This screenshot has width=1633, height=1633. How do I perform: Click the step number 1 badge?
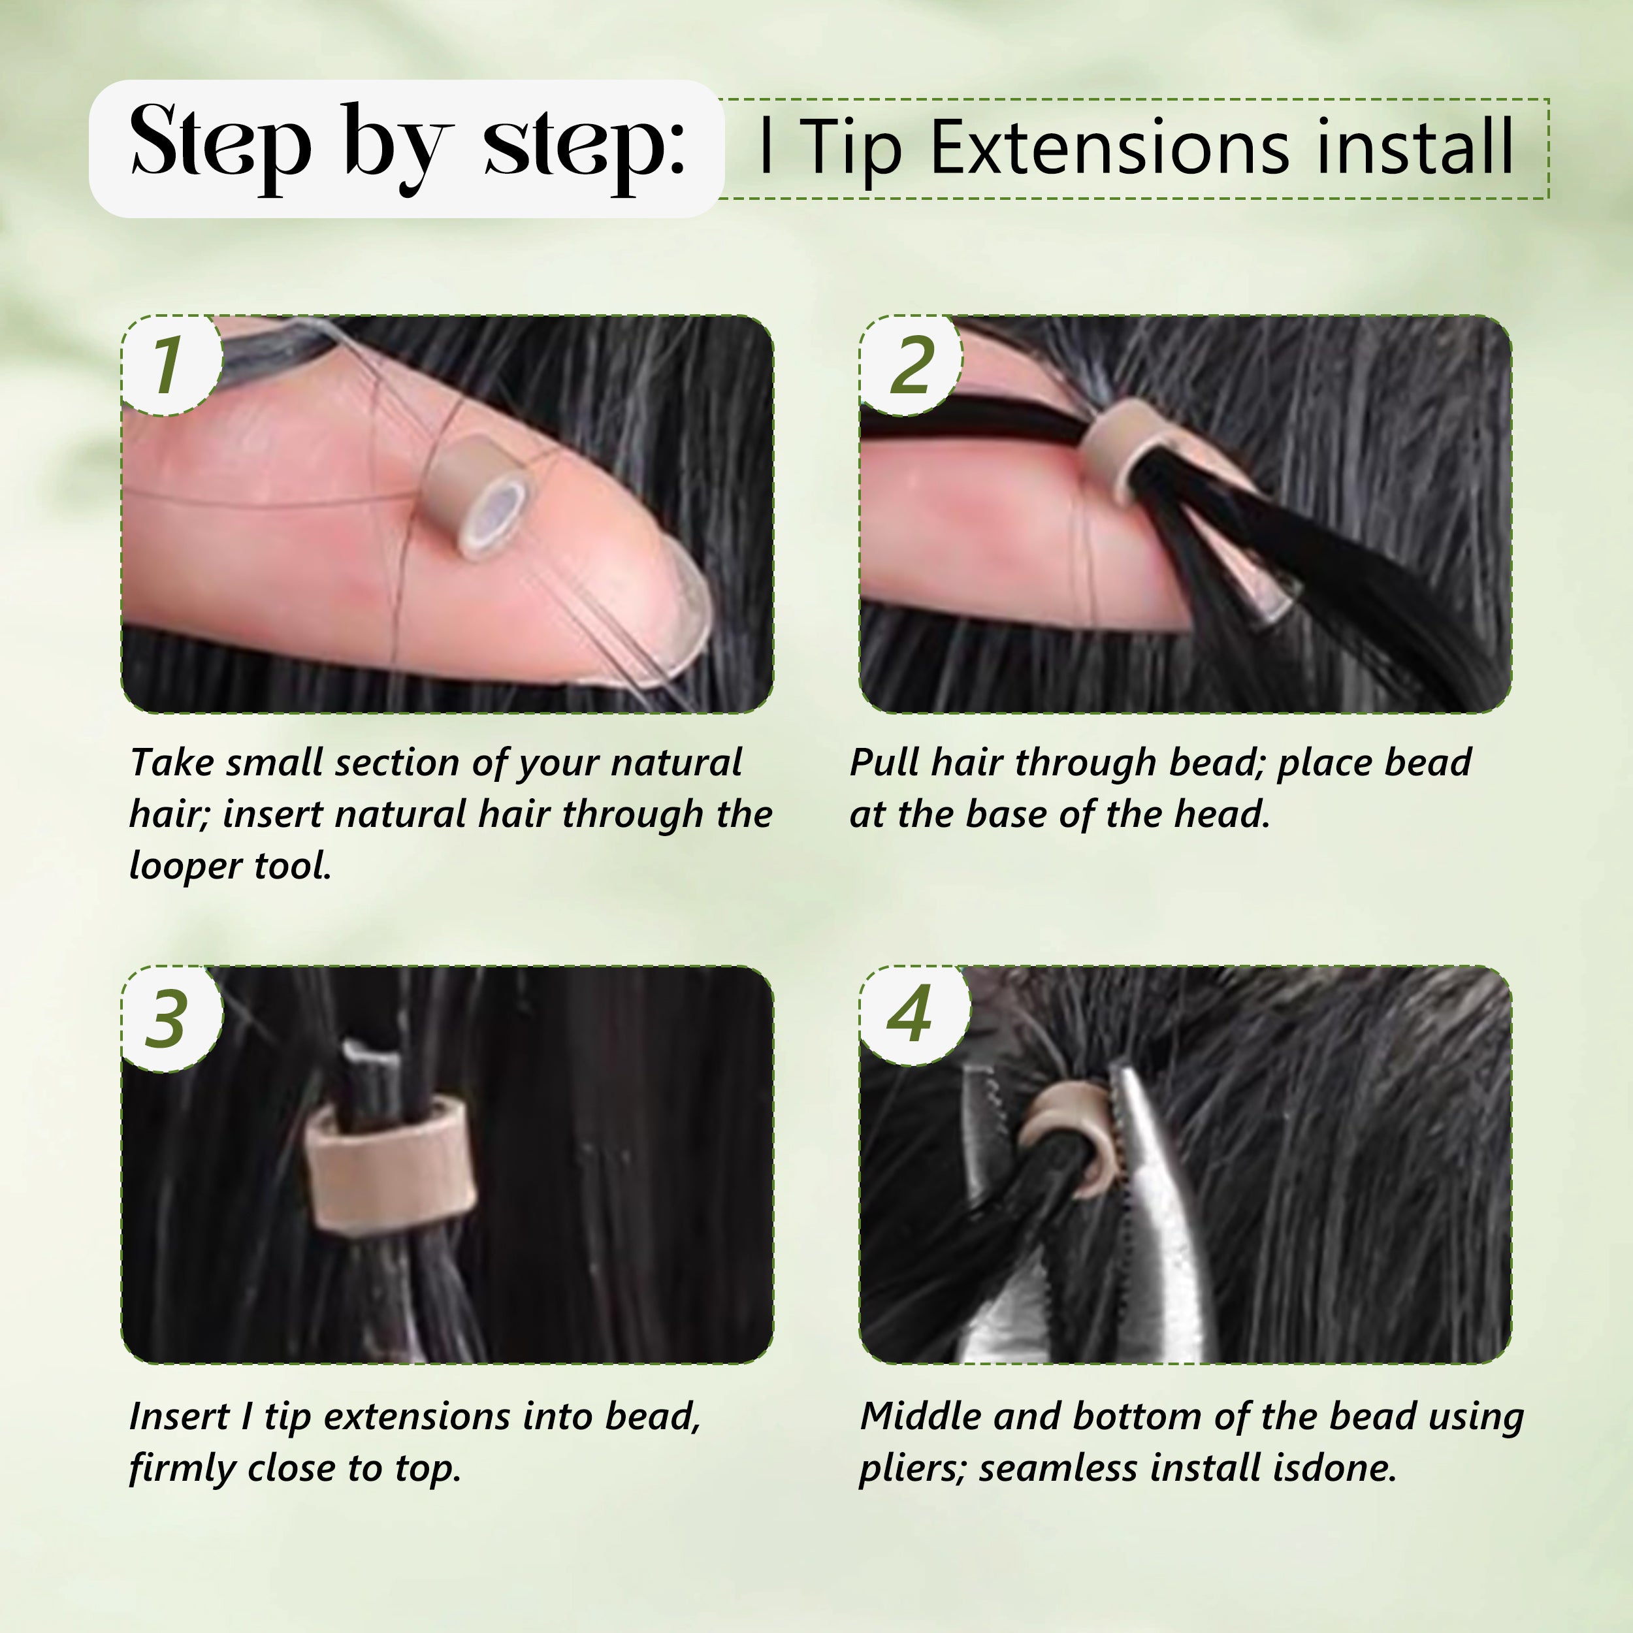[169, 365]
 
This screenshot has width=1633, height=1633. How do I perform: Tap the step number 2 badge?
[911, 365]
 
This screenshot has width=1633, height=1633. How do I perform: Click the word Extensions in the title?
[1109, 148]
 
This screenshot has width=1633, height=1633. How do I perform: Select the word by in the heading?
[397, 144]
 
